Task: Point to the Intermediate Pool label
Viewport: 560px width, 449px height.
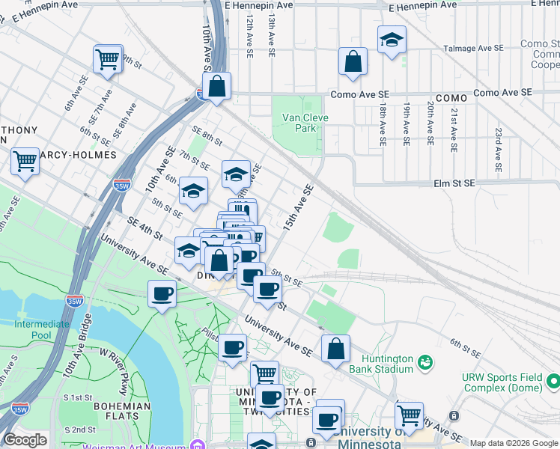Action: [x=41, y=330]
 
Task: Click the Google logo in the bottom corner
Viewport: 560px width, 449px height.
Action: [x=24, y=440]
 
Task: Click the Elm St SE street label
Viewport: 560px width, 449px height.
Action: [x=454, y=183]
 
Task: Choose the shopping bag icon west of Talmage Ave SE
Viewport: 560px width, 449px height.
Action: [x=353, y=63]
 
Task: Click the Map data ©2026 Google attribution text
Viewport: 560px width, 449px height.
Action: [x=514, y=443]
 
